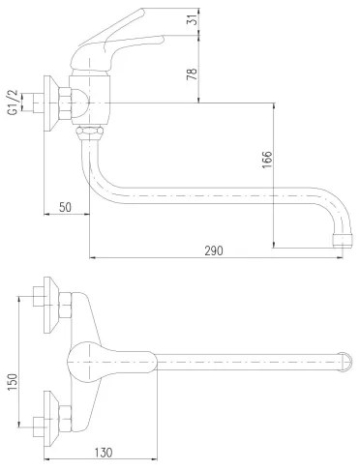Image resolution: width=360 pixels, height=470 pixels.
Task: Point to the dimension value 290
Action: [214, 250]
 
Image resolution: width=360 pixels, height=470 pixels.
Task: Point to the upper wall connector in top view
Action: [54, 302]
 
